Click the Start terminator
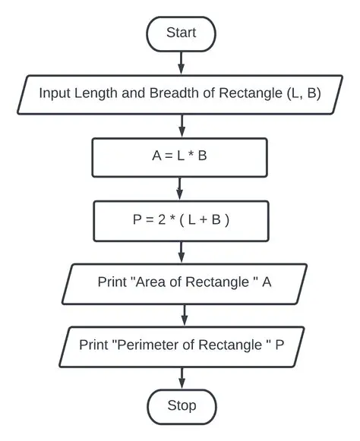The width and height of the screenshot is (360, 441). [x=181, y=33]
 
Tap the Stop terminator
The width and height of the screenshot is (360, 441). [x=181, y=405]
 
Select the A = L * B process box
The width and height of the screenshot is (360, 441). [x=179, y=158]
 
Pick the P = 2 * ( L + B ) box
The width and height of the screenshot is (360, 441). [x=179, y=220]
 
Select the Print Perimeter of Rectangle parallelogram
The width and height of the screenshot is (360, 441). [x=182, y=344]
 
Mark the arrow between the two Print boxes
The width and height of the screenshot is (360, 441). [x=183, y=313]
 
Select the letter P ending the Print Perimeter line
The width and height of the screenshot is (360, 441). [x=279, y=344]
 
